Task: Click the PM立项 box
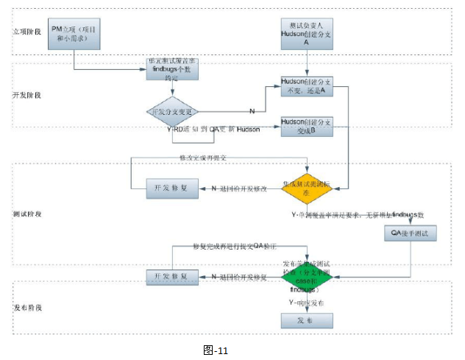pos(74,33)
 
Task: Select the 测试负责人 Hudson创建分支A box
pos(307,33)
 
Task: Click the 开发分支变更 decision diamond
pos(172,111)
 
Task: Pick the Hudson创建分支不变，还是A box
pos(307,86)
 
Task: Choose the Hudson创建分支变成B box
pos(307,125)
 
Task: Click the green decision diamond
pos(307,276)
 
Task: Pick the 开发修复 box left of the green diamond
pos(171,276)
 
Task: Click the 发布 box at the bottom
pos(307,321)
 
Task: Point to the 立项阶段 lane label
pos(29,32)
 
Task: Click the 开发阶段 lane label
pos(29,96)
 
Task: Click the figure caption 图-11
pos(216,350)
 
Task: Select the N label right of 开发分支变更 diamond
pos(252,111)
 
